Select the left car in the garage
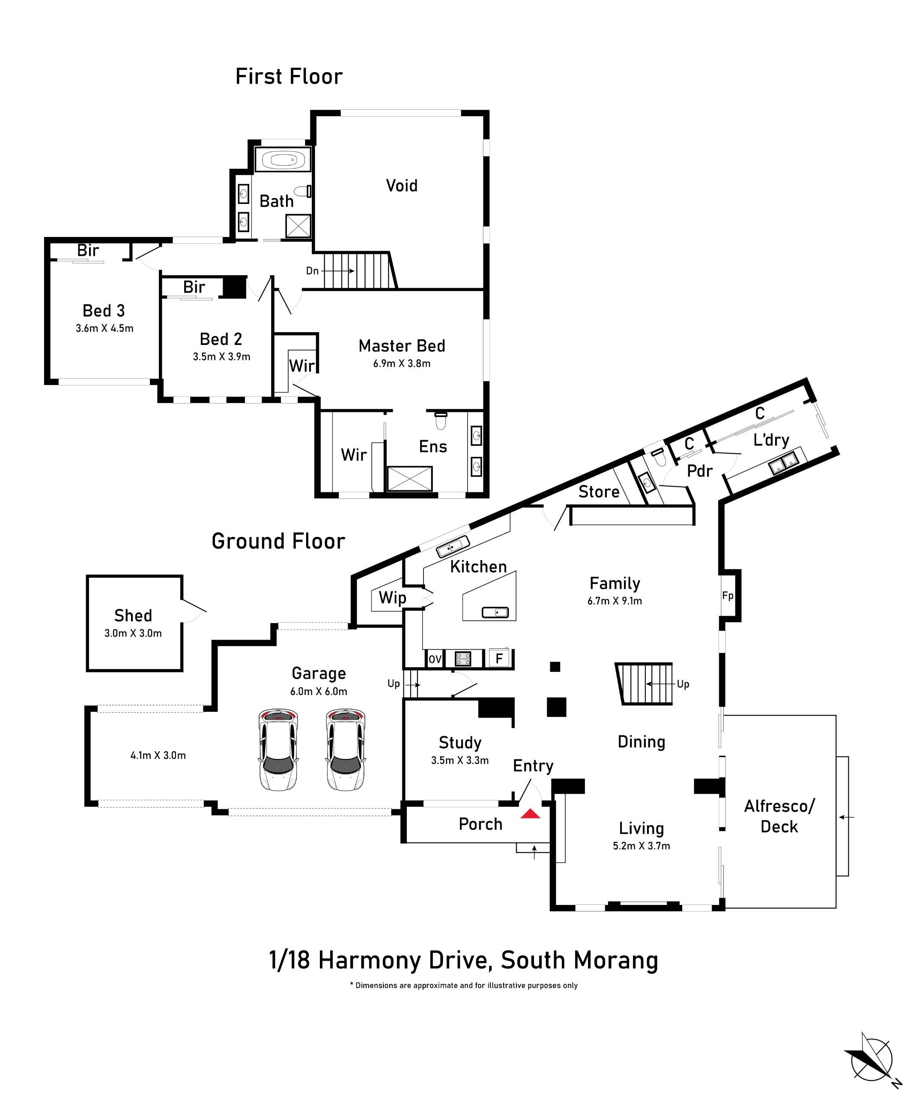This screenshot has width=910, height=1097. click(x=279, y=749)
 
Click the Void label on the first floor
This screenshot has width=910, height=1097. click(x=402, y=186)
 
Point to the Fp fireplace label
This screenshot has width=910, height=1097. click(x=727, y=596)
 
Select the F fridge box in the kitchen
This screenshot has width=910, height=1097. click(x=498, y=658)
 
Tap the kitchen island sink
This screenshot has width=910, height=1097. click(x=495, y=612)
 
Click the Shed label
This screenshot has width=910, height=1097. click(x=133, y=615)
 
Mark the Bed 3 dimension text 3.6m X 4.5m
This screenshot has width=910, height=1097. click(x=104, y=328)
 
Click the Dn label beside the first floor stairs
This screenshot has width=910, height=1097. click(x=312, y=270)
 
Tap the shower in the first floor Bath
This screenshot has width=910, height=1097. click(x=298, y=227)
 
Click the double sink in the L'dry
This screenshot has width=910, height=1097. click(x=784, y=463)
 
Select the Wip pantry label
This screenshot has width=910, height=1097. click(x=392, y=598)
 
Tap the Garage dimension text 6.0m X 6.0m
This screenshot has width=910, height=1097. click(x=319, y=691)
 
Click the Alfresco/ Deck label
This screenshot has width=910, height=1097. click(x=779, y=816)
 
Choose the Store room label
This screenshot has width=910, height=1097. click(x=598, y=492)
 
